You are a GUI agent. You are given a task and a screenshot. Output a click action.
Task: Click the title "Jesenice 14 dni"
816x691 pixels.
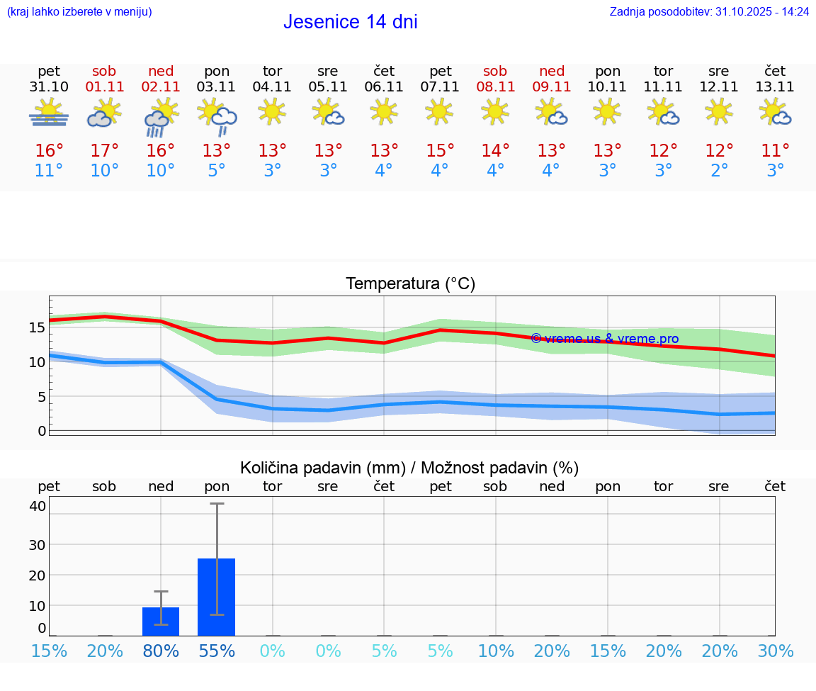(350, 22)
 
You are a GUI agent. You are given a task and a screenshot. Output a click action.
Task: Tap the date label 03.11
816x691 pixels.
(216, 87)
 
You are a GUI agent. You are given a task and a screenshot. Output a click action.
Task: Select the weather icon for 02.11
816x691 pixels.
(160, 117)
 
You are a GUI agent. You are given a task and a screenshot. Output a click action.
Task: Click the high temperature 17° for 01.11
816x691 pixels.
(104, 151)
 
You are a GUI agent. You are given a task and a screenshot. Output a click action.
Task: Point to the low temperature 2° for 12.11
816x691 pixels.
(719, 171)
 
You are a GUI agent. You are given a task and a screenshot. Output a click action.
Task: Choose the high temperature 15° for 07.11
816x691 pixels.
(440, 151)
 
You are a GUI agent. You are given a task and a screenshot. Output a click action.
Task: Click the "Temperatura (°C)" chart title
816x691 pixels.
(410, 284)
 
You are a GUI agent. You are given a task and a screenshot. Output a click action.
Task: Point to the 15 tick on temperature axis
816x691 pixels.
(37, 327)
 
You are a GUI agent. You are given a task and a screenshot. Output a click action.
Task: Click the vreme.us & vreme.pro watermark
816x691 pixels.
(604, 339)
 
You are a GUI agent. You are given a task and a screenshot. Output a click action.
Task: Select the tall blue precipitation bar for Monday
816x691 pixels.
(216, 597)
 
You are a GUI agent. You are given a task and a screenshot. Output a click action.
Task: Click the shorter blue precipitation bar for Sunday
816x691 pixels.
(161, 621)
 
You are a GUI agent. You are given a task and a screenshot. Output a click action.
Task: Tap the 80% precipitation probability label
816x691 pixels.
(161, 651)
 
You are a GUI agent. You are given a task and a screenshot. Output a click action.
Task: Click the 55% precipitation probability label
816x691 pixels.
(216, 651)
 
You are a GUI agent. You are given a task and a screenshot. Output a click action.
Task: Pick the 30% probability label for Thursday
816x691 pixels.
(775, 651)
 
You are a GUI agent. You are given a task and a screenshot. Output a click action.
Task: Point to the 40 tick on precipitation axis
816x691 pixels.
(38, 506)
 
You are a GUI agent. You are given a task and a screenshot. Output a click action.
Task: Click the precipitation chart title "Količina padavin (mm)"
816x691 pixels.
(322, 468)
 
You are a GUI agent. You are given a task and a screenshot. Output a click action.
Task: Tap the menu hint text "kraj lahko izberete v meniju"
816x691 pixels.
(79, 12)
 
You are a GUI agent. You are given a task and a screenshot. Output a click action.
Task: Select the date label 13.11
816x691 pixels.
(775, 87)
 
